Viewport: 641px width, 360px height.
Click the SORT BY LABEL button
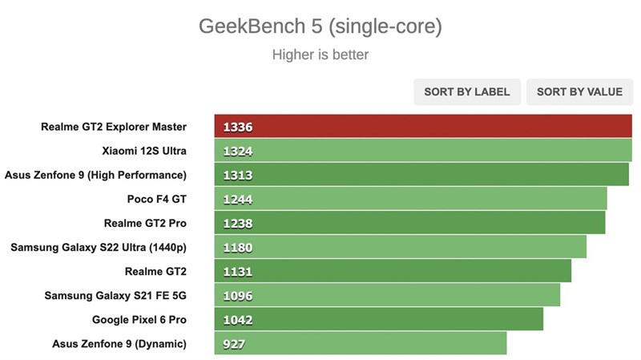[x=466, y=91]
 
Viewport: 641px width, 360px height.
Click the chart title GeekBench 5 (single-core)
[x=320, y=26]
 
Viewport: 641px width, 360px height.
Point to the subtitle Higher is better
[x=320, y=55]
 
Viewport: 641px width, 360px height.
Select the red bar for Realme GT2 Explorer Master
[x=423, y=126]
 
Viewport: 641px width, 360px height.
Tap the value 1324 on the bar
[x=238, y=151]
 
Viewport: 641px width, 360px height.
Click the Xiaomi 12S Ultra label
[x=144, y=150]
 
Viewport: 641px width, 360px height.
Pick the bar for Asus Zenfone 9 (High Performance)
[x=421, y=175]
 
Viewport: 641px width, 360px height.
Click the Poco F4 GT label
[x=156, y=199]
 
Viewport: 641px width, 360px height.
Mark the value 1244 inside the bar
[x=238, y=199]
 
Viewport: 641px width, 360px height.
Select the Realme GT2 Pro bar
[x=409, y=223]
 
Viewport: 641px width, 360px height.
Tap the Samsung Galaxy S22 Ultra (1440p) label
[x=99, y=247]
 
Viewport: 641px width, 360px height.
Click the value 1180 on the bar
[x=238, y=247]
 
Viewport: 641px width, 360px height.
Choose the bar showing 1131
[x=393, y=271]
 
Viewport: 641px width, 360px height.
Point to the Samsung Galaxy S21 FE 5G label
[x=115, y=296]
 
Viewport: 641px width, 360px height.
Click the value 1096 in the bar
[x=238, y=296]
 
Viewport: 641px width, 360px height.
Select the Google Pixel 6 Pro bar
[x=378, y=319]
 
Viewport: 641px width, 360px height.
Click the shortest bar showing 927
[x=361, y=344]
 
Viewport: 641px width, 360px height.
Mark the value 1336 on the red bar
[x=238, y=127]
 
